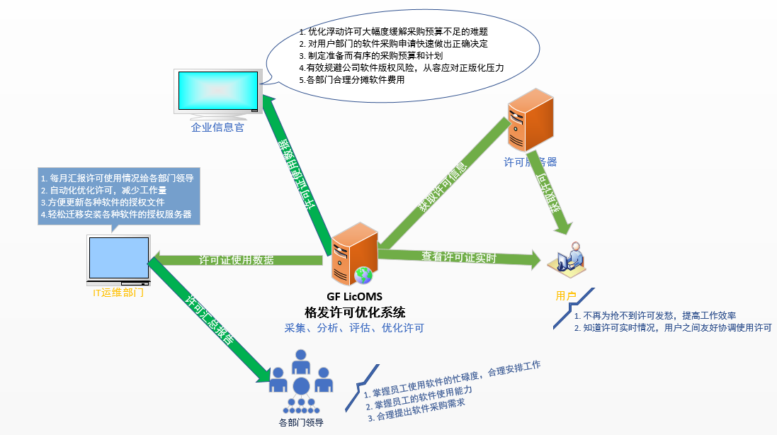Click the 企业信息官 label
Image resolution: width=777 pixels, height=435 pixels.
(x=217, y=128)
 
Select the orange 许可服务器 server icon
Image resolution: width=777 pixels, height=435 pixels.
(x=530, y=125)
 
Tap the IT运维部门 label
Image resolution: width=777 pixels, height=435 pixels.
(x=118, y=292)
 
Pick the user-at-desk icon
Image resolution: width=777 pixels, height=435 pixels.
(x=571, y=259)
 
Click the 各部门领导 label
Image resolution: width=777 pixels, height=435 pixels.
(x=301, y=423)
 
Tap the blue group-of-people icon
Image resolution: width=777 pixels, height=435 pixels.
(x=301, y=381)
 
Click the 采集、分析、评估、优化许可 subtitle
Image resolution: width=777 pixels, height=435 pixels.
(x=354, y=328)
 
